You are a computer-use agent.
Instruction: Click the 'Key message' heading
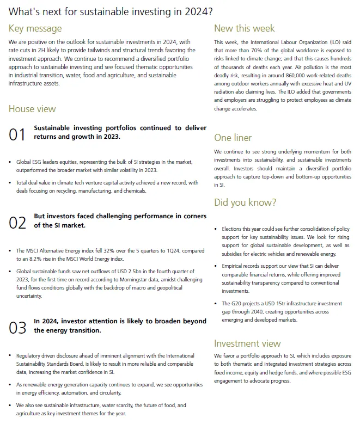pos(35,28)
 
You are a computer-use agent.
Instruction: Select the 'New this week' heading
pos(245,28)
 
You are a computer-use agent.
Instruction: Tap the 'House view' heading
pos(32,109)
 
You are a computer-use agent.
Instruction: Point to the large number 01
pos(17,134)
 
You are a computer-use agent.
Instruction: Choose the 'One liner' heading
pos(233,137)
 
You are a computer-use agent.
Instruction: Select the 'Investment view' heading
pos(247,343)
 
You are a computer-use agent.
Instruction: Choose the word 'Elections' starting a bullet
pos(233,229)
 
